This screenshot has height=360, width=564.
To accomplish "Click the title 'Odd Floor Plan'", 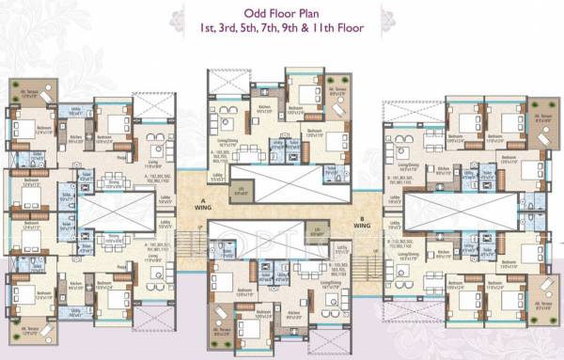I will [281, 12].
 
